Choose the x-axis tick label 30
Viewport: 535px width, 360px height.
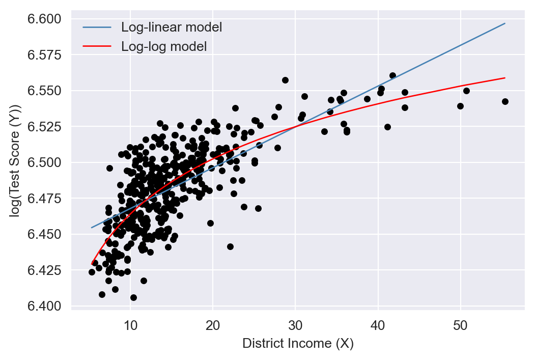295,325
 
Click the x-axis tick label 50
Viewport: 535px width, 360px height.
460,325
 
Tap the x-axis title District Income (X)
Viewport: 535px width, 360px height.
298,344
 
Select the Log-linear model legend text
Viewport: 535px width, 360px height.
171,27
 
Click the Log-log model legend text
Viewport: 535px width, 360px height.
163,47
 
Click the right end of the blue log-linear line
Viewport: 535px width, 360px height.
505,23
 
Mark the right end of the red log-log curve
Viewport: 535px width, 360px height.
505,78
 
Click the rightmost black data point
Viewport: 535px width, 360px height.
505,102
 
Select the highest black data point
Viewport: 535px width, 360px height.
285,80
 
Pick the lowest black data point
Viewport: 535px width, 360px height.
133,297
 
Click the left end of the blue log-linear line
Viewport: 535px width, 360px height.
92,228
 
